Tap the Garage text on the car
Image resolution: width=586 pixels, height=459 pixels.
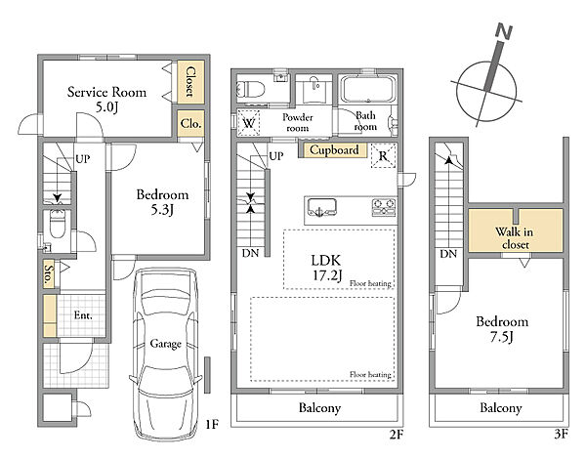166,344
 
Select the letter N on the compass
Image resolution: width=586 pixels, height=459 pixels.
504,32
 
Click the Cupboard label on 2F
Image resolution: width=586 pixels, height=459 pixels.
334,149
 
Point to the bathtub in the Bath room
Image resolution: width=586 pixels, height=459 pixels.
368,89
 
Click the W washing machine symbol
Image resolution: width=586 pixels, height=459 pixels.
249,123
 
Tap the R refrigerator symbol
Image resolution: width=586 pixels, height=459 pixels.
383,155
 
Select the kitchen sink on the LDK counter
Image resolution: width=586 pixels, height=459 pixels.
321,207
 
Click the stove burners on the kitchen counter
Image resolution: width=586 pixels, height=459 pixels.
384,207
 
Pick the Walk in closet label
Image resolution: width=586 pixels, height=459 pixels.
515,238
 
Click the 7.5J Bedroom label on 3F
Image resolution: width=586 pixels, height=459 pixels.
502,329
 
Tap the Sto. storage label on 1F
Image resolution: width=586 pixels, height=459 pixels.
49,274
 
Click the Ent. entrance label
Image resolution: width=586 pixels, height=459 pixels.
83,315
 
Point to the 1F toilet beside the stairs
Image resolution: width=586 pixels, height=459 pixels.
58,224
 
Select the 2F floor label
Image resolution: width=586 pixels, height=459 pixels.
397,435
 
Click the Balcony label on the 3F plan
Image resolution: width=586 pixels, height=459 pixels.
501,408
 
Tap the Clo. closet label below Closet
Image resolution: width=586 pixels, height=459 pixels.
191,123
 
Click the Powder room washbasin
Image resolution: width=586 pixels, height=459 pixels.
314,89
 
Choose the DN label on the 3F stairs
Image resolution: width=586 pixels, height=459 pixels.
448,254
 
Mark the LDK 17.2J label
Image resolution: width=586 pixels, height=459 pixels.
326,268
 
